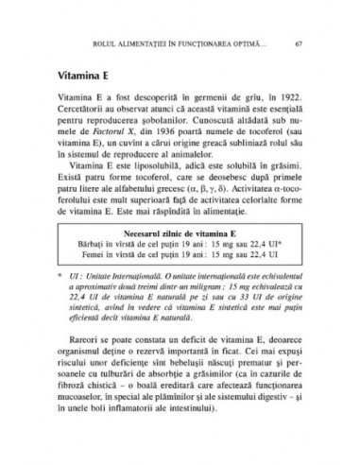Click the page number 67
coord(299,43)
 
